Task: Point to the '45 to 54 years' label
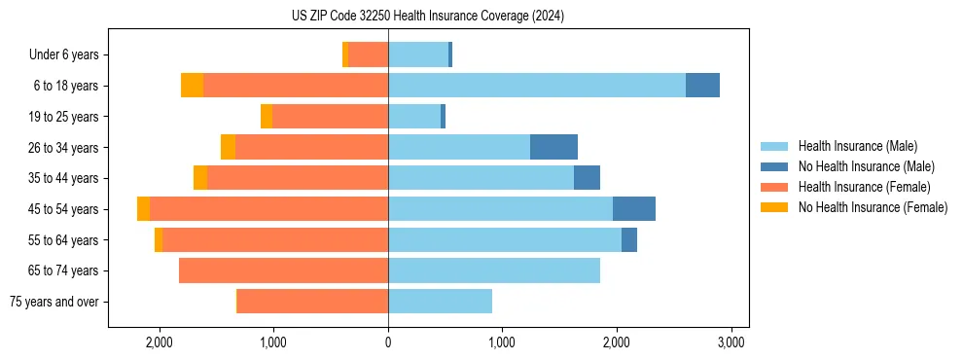click(x=63, y=209)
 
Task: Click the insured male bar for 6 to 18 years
click(x=536, y=86)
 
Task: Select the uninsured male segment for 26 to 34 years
click(x=553, y=147)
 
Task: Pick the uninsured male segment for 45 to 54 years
click(x=633, y=209)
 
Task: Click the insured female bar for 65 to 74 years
click(x=283, y=270)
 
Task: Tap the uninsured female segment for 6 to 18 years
click(x=193, y=86)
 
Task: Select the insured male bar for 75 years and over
click(x=440, y=302)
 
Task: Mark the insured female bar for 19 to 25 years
click(x=330, y=117)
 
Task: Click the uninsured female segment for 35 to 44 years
click(x=200, y=178)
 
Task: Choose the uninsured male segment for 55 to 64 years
click(x=628, y=239)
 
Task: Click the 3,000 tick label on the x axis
click(x=731, y=342)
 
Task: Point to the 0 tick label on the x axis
click(x=388, y=342)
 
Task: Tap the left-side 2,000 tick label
click(x=159, y=342)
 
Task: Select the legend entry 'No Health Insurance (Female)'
click(x=873, y=207)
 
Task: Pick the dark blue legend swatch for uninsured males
click(x=775, y=166)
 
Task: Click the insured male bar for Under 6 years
click(x=418, y=54)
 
